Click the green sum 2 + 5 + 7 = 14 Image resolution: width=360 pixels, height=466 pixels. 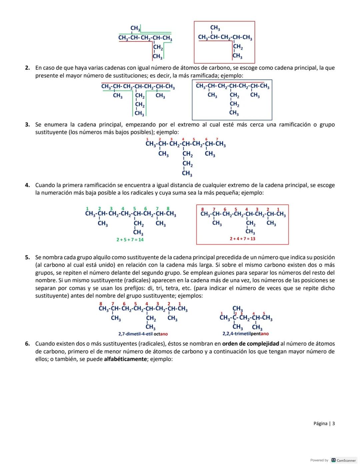point(130,240)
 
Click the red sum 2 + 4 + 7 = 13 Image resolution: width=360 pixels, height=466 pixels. point(242,239)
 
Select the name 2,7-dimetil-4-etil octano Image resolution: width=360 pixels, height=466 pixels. point(143,334)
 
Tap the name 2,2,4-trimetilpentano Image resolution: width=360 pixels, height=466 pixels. point(245,334)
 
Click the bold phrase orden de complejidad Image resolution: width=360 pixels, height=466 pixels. point(251,344)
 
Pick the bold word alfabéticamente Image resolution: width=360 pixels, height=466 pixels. point(125,359)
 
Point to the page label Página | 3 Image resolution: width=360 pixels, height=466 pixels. point(324,424)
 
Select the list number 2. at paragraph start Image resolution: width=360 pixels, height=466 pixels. point(28,68)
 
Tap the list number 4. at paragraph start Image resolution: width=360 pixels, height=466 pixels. point(28,185)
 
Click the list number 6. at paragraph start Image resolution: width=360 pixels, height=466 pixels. point(28,344)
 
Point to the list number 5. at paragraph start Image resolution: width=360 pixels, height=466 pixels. point(28,258)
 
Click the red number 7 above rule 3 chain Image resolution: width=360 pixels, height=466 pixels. point(217,139)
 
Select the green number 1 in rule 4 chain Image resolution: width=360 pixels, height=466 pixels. point(87,208)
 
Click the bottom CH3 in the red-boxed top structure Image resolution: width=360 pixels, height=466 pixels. point(238,56)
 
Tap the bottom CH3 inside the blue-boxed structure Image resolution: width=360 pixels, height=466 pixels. point(234,113)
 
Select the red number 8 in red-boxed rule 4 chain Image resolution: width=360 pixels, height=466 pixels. point(202,209)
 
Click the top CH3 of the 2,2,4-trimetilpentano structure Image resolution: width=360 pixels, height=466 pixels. point(238,308)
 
